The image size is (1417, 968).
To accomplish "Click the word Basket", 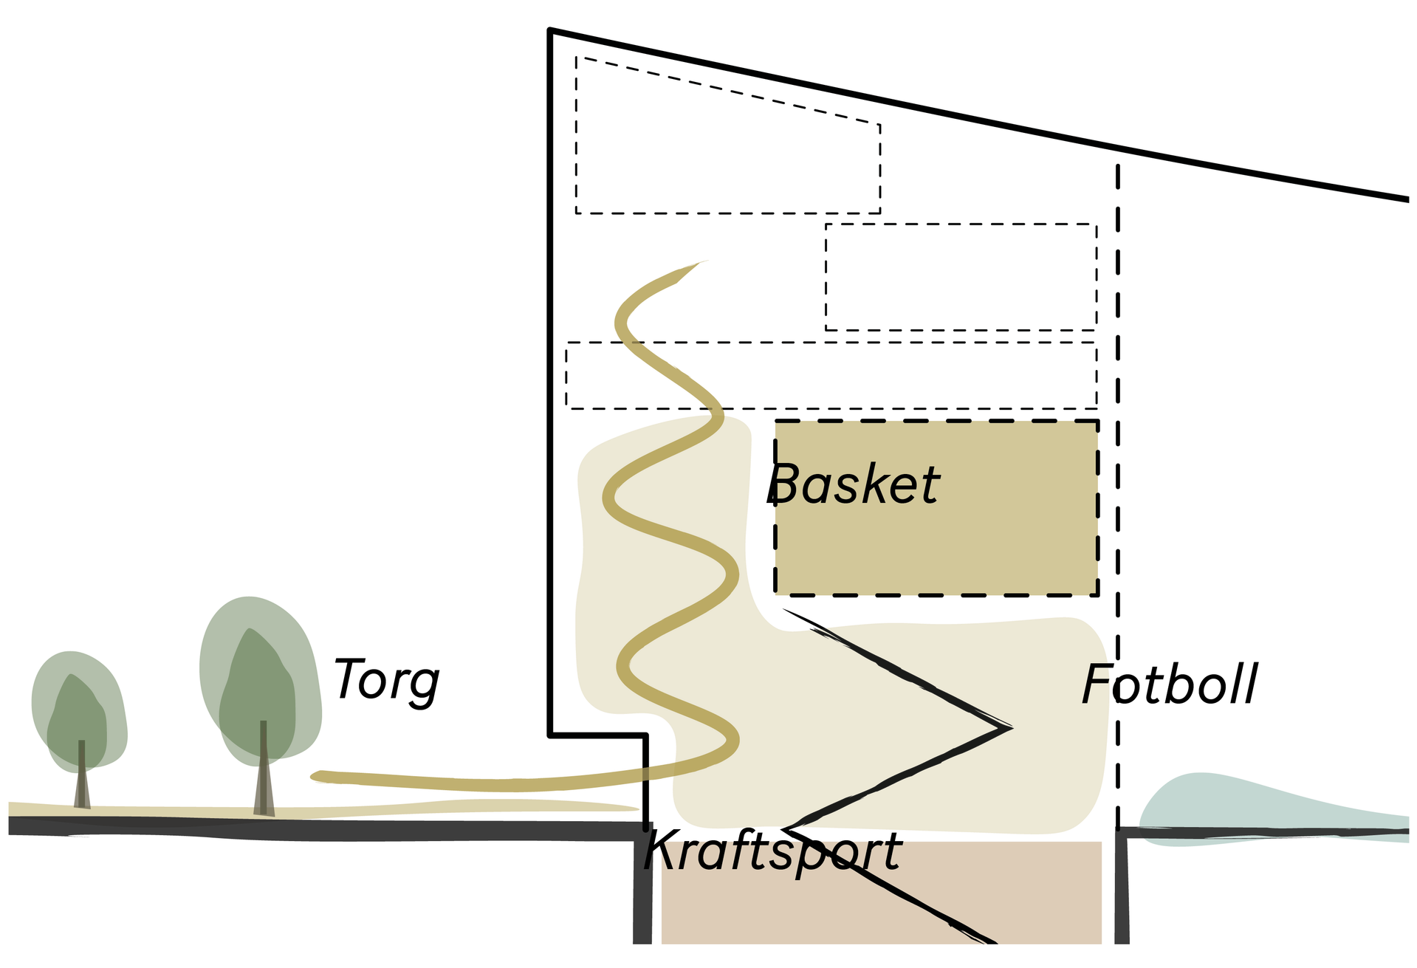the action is click(x=855, y=485).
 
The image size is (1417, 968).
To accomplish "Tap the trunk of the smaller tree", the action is click(x=82, y=775).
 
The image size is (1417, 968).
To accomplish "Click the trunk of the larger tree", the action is click(x=264, y=772).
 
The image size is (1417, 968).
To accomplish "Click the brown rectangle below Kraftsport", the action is click(x=879, y=908).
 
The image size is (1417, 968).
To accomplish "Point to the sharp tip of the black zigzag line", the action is click(x=1010, y=728).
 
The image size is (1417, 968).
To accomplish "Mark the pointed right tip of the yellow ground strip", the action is click(x=637, y=809).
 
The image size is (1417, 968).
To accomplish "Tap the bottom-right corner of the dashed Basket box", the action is click(x=1096, y=593).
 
